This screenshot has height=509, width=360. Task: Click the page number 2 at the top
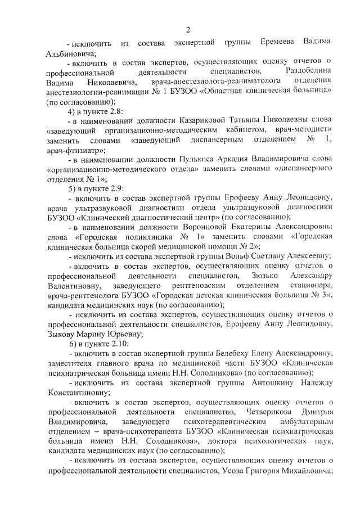point(188,29)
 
